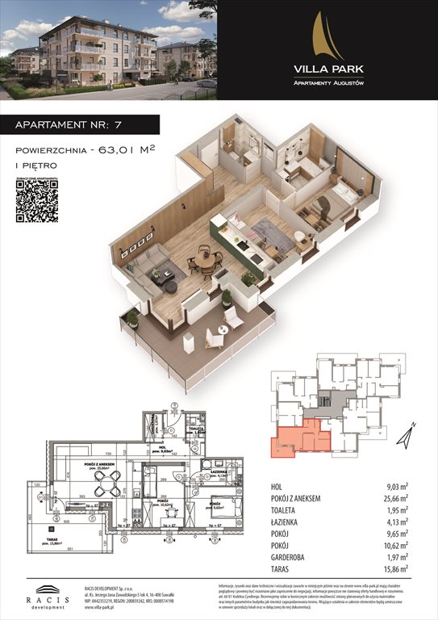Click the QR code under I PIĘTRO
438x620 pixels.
click(37, 200)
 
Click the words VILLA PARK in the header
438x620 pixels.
click(327, 69)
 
